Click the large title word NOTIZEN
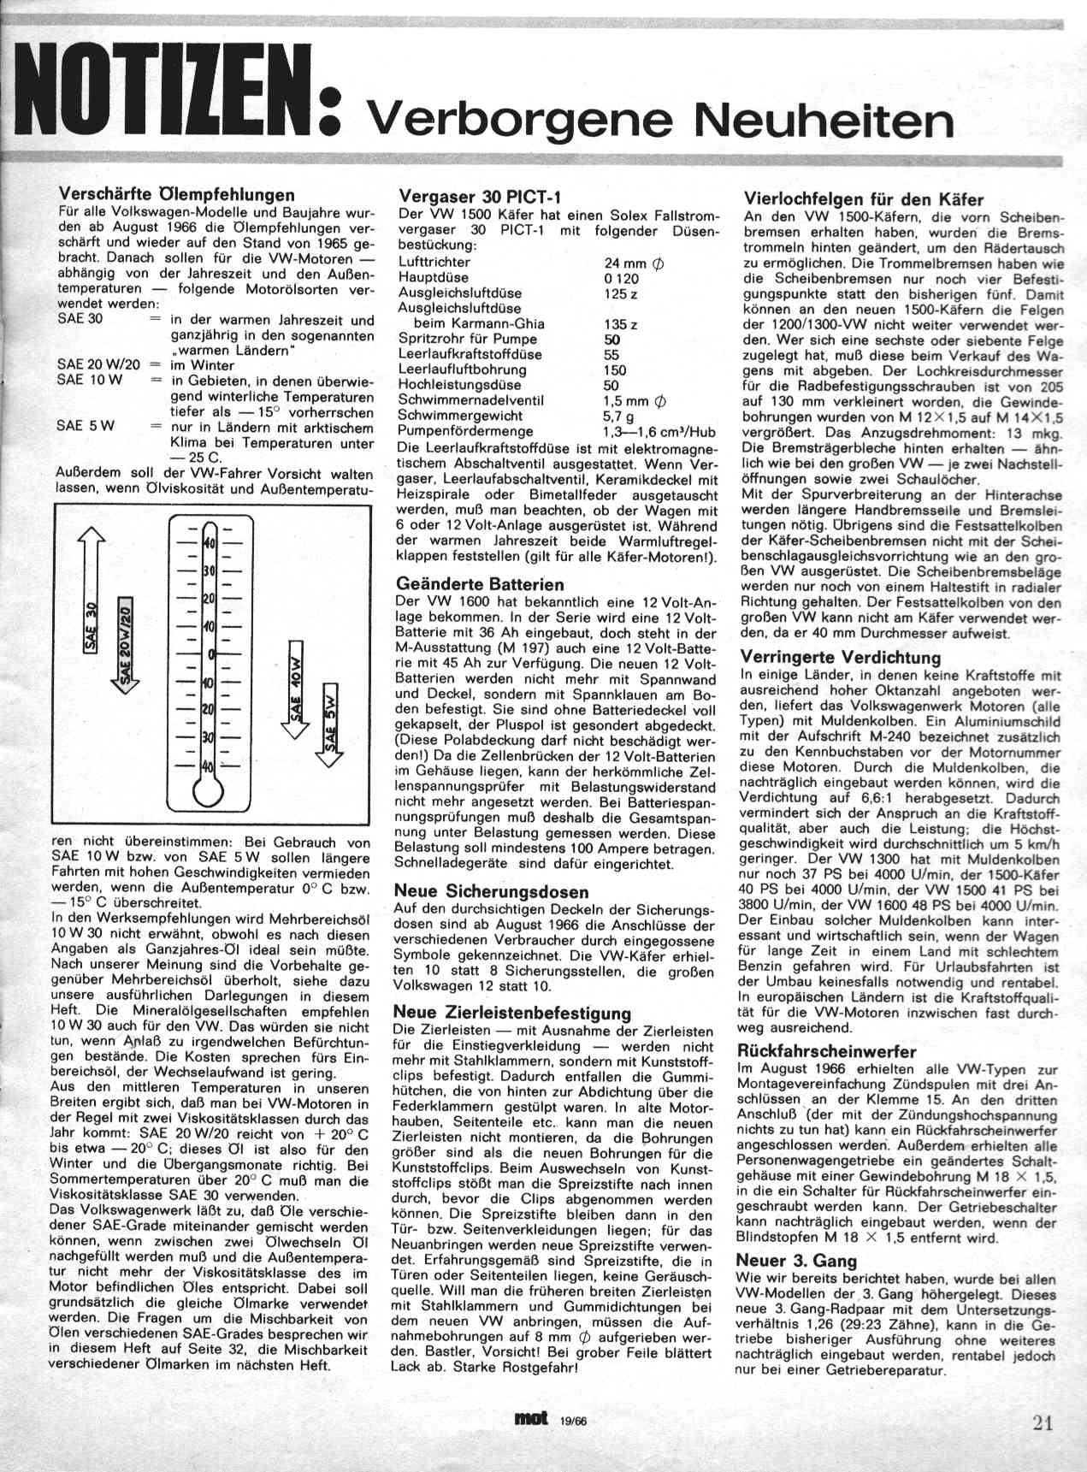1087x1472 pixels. [x=167, y=91]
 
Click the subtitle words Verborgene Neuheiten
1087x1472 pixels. [x=659, y=120]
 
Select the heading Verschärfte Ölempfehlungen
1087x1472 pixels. [x=175, y=194]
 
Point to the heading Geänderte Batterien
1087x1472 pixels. [x=481, y=584]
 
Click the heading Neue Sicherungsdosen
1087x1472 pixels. [x=491, y=890]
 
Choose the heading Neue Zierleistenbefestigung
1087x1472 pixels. [x=512, y=1013]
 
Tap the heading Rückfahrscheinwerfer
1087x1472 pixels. [x=826, y=1051]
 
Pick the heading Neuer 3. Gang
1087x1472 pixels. [x=795, y=1260]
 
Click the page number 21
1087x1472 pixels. [x=1042, y=1423]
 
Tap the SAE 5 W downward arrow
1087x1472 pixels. [x=332, y=718]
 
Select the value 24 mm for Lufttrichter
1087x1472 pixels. [x=634, y=263]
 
